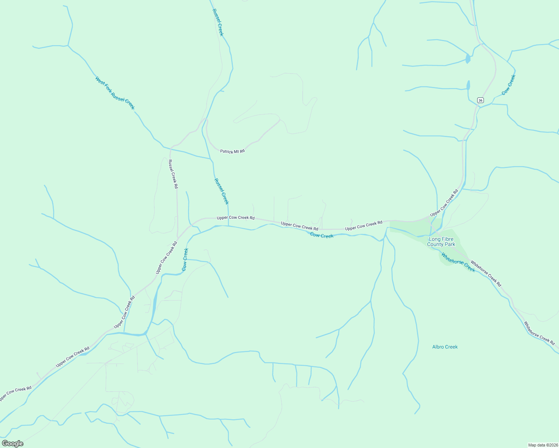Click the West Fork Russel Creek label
click(115, 93)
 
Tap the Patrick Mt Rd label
click(232, 151)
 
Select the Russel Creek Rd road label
click(173, 174)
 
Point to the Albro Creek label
click(445, 347)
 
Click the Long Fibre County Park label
click(441, 242)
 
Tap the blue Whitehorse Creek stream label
click(458, 262)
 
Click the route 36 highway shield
click(481, 100)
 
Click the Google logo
click(12, 444)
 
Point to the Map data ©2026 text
click(543, 445)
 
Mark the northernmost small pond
click(468, 59)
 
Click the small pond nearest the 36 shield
click(468, 85)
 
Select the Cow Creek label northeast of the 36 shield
click(509, 85)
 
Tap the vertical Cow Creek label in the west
click(185, 259)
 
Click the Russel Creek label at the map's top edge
click(218, 22)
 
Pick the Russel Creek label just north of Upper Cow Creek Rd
click(221, 191)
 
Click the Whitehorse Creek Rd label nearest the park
click(486, 273)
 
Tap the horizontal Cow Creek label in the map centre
click(322, 236)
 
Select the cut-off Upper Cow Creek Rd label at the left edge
click(15, 393)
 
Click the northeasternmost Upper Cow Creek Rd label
click(444, 203)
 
